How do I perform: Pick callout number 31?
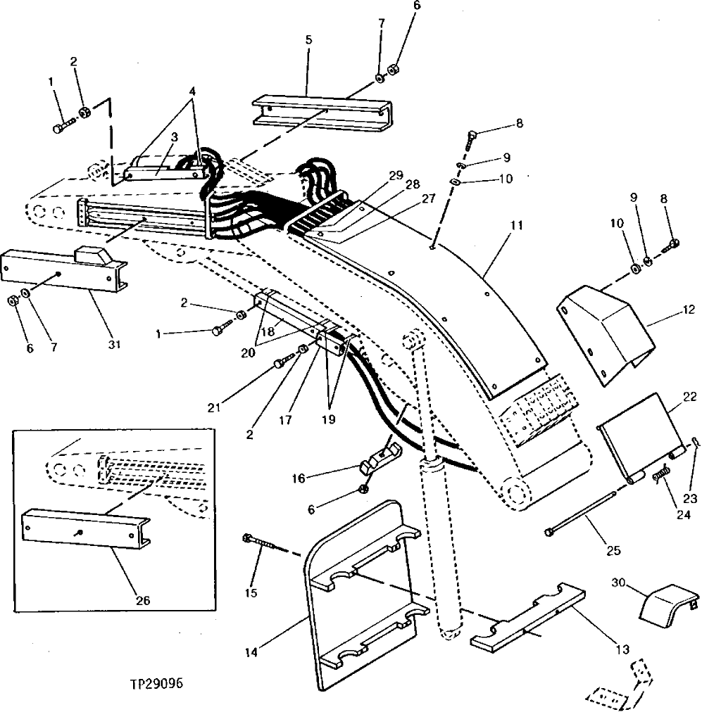(114, 345)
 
